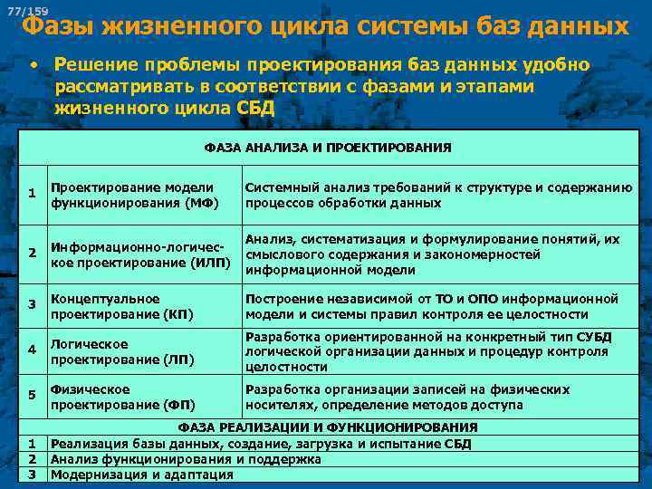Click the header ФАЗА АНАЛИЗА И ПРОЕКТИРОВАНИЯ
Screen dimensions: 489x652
tap(328, 148)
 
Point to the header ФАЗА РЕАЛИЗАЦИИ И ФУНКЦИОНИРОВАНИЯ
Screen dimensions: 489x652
tap(328, 427)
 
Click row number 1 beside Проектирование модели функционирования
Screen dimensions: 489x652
tap(32, 194)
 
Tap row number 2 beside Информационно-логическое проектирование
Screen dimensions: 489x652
tap(32, 253)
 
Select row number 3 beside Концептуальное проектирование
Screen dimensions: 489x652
tap(32, 304)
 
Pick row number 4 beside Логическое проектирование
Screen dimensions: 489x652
tap(32, 350)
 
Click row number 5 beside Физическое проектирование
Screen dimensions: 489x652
tap(32, 395)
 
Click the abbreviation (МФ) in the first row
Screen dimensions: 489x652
tap(201, 203)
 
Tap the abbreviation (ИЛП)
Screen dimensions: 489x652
tap(209, 263)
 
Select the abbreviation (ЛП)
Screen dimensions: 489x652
tap(177, 360)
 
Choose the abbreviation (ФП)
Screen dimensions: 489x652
tap(177, 405)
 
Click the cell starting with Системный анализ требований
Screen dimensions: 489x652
tap(438, 195)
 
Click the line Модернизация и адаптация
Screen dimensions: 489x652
tap(141, 475)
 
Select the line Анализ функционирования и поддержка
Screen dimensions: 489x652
tap(186, 459)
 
